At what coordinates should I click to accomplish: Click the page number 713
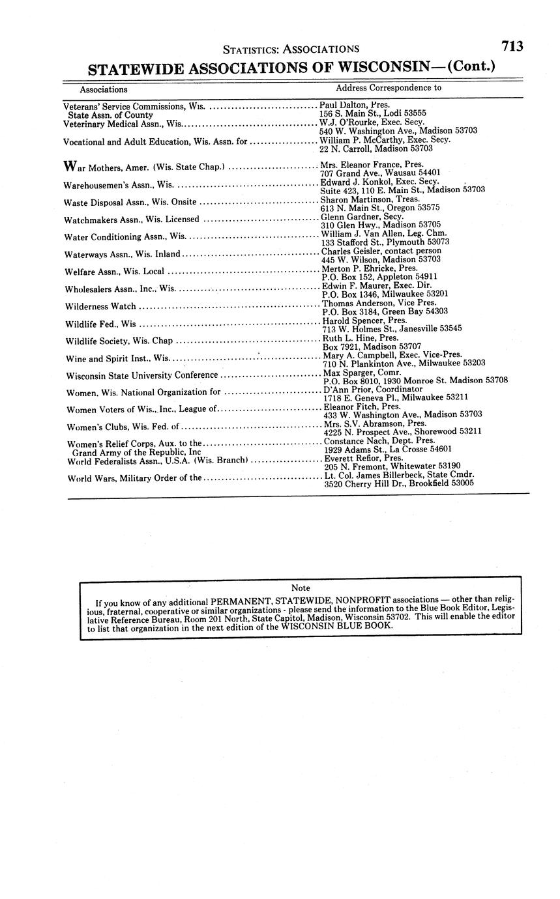512,46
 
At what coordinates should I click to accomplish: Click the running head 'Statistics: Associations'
291,49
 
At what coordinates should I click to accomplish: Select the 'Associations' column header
104,89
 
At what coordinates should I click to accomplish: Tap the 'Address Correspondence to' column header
389,87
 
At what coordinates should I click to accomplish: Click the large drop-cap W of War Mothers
70,166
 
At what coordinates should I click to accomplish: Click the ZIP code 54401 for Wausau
428,173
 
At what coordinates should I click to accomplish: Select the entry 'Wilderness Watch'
101,306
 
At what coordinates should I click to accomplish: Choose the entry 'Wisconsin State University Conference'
142,375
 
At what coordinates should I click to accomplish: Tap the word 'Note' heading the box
301,588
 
